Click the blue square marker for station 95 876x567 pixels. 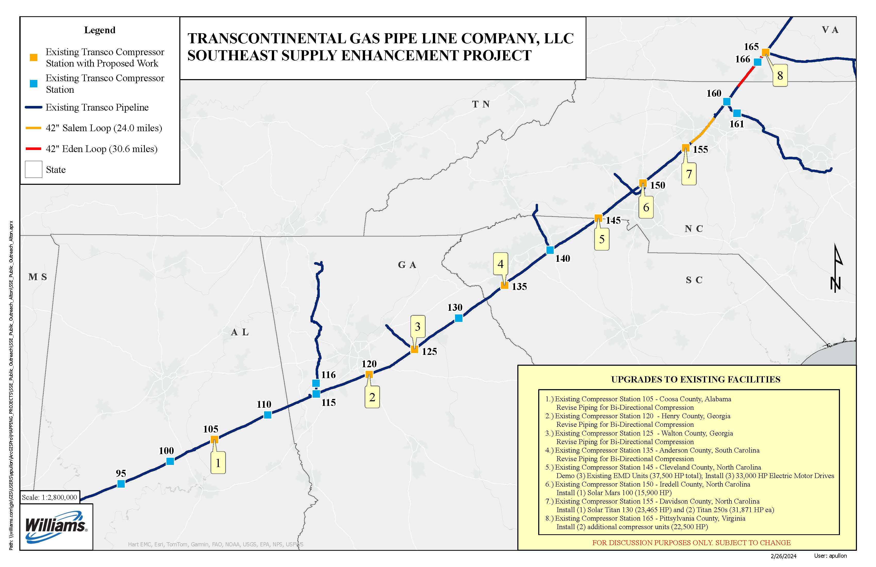(121, 483)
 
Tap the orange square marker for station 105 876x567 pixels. (214, 439)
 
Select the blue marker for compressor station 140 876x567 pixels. (550, 250)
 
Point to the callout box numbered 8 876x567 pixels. (780, 76)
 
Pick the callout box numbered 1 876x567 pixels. (218, 463)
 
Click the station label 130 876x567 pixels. (455, 307)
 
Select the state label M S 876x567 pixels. (38, 277)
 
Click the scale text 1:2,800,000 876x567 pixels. (49, 497)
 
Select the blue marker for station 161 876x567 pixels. (737, 113)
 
